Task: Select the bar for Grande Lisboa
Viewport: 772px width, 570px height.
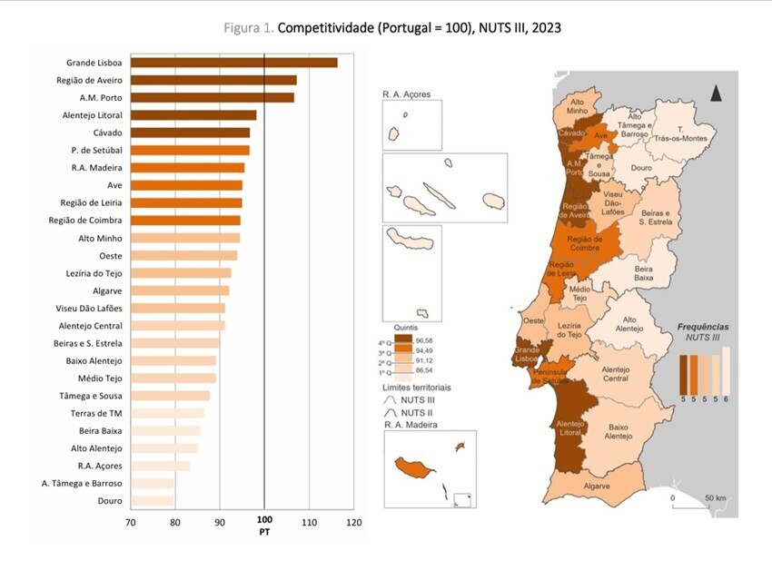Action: (x=233, y=63)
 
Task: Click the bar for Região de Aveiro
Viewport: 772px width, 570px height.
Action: (x=213, y=80)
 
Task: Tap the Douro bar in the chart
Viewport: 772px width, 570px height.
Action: (x=153, y=501)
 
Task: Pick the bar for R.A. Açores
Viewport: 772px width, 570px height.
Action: (x=160, y=466)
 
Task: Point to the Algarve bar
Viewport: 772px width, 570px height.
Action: (x=180, y=290)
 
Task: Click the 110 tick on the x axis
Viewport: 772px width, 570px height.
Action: (x=309, y=523)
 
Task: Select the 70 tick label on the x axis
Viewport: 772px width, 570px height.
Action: (x=131, y=523)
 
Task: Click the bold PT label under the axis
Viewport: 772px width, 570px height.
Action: (x=264, y=533)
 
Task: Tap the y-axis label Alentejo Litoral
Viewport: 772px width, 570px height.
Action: (x=89, y=115)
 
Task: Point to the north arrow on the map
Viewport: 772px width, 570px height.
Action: (x=716, y=93)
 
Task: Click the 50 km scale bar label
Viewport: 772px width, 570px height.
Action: (x=715, y=498)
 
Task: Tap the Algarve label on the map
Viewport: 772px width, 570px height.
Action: (x=621, y=486)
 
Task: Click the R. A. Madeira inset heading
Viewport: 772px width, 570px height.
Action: (x=412, y=425)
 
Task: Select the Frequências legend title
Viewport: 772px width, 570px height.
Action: (x=703, y=326)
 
